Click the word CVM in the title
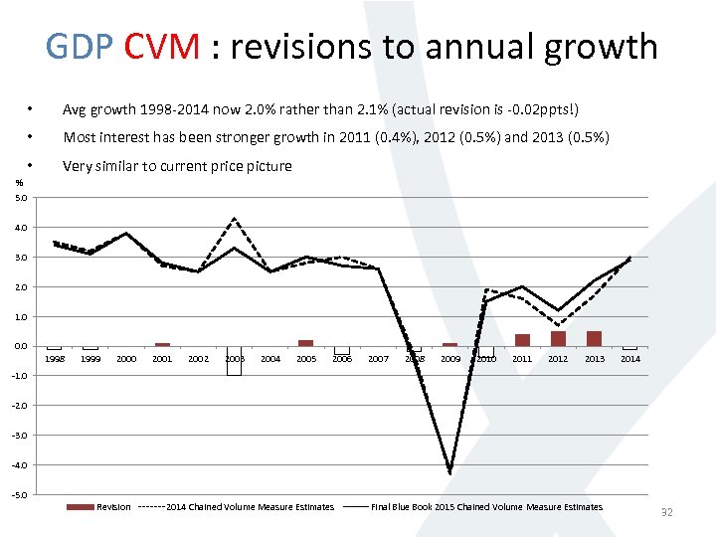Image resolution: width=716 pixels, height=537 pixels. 163,47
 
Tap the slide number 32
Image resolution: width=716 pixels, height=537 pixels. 667,512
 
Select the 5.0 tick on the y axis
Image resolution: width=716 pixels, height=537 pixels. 21,197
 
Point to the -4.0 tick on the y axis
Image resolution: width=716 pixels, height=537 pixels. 20,464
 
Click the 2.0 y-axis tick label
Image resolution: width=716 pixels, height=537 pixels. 21,286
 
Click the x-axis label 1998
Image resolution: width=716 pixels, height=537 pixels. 54,358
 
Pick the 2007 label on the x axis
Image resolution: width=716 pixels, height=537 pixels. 378,358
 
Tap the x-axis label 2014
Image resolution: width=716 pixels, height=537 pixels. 630,358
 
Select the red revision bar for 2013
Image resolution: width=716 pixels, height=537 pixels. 594,339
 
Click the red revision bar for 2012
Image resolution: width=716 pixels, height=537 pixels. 558,339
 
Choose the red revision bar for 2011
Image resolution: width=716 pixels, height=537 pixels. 522,340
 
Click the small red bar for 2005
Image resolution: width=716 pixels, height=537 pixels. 306,343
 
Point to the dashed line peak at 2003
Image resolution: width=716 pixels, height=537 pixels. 234,218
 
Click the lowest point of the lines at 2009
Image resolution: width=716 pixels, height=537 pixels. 450,472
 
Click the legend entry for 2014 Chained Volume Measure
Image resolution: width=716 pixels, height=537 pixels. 250,507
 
